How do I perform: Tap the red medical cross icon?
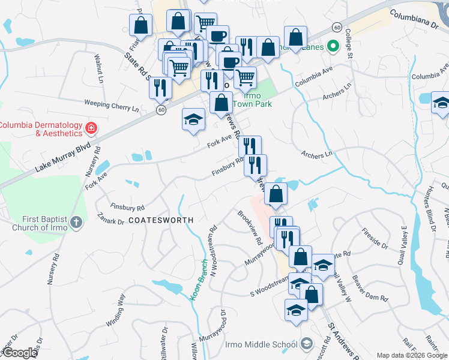point(91,128)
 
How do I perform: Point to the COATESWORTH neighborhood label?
point(161,220)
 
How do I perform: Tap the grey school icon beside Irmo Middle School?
point(307,344)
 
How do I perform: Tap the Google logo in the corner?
point(20,353)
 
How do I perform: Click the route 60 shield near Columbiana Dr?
point(337,28)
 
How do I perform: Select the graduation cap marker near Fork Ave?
point(193,120)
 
